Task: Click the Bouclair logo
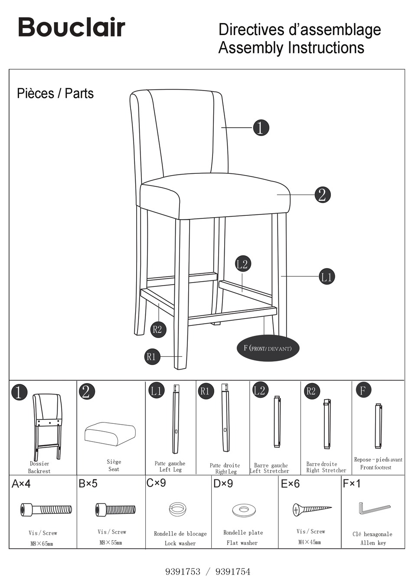tap(72, 27)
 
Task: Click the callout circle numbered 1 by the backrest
tap(260, 127)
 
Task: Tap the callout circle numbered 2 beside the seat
tap(322, 195)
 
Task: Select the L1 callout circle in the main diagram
tap(327, 276)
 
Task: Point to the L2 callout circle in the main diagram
tap(242, 264)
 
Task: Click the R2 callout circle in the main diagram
tap(157, 329)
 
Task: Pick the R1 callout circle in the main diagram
tap(151, 357)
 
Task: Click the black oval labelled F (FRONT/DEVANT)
tap(268, 348)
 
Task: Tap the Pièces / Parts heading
tap(55, 93)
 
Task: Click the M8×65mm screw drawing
tap(46, 510)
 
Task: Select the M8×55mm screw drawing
tap(115, 510)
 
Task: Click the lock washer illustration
tap(177, 508)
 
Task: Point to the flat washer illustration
tap(242, 510)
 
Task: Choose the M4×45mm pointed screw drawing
tap(311, 509)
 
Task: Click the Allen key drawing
tap(373, 508)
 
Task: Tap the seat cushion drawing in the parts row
tap(110, 433)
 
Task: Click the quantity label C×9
tap(156, 483)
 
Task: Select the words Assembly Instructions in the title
tap(291, 48)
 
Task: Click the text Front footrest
tap(376, 468)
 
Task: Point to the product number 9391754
tap(233, 572)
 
